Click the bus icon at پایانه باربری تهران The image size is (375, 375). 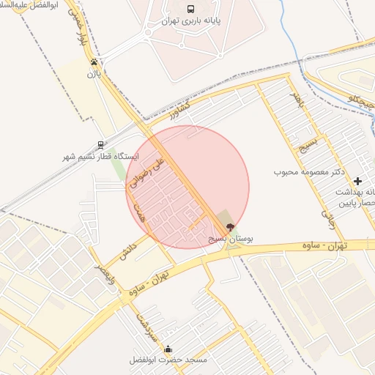pyautogui.click(x=190, y=10)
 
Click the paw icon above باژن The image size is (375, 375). pyautogui.click(x=94, y=62)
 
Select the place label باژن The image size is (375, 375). pyautogui.click(x=94, y=73)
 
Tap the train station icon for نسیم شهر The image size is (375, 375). pyautogui.click(x=100, y=145)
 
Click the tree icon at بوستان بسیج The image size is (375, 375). pyautogui.click(x=231, y=227)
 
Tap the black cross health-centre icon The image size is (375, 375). pyautogui.click(x=357, y=181)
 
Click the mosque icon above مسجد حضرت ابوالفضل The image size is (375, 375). pyautogui.click(x=169, y=349)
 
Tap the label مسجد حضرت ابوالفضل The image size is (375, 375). pyautogui.click(x=168, y=360)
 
